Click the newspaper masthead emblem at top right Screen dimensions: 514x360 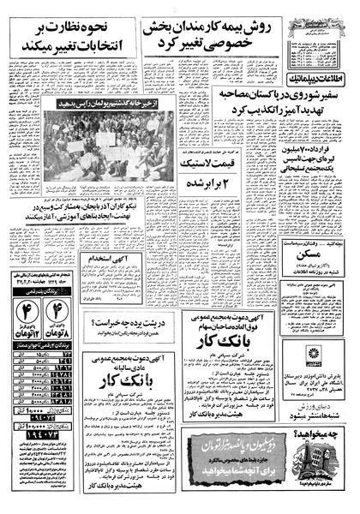[321, 15]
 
